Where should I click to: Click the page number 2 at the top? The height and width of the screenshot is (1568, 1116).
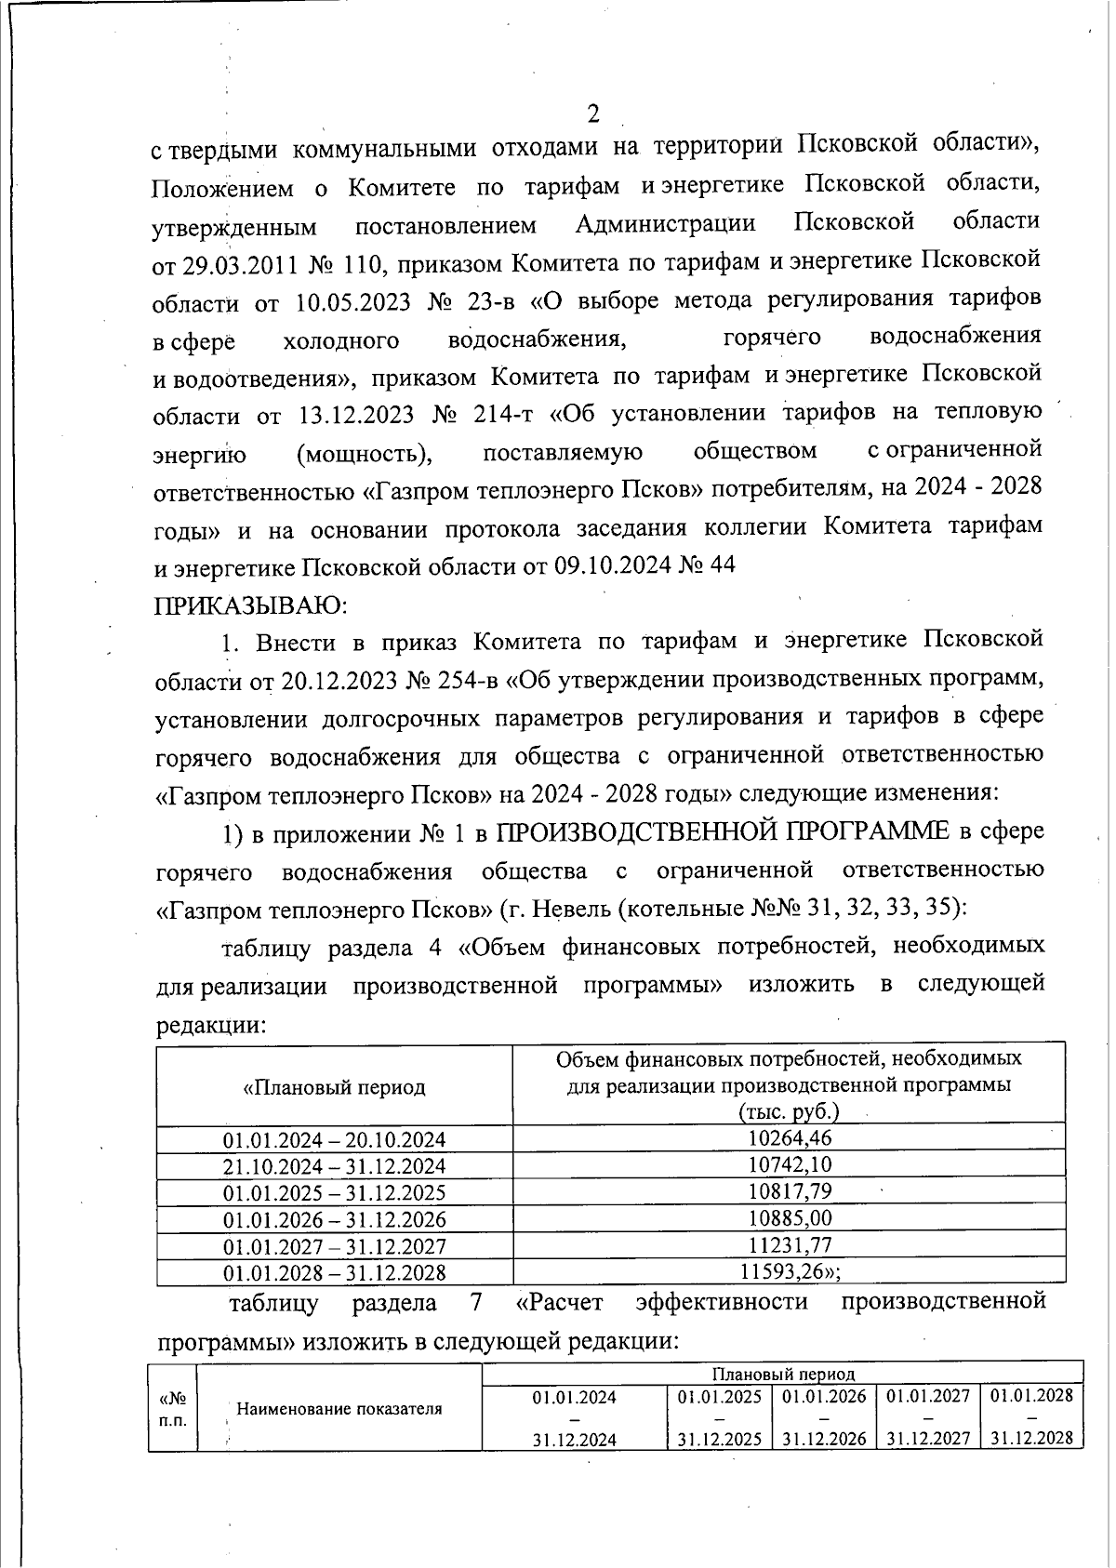click(593, 114)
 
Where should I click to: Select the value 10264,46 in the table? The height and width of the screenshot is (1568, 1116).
click(790, 1137)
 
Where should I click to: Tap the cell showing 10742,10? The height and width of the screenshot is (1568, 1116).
click(790, 1164)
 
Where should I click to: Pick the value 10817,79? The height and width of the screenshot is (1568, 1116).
click(790, 1191)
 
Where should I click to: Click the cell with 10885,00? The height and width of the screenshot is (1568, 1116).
click(790, 1218)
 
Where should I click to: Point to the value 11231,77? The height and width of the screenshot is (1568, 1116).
click(790, 1245)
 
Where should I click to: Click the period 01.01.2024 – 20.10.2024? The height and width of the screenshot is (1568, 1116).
click(334, 1139)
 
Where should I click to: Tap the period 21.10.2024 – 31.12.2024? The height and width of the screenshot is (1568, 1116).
click(334, 1166)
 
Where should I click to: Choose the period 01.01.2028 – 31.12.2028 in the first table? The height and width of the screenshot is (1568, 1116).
click(334, 1273)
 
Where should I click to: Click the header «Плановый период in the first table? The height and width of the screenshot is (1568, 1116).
click(334, 1086)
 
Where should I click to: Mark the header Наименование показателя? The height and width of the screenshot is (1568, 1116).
click(339, 1409)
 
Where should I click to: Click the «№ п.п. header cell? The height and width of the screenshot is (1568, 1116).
click(173, 1409)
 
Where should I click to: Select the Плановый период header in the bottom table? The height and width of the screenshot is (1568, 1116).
click(783, 1374)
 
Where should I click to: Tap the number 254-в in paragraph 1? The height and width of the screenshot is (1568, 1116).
click(466, 681)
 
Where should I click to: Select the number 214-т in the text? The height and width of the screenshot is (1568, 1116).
click(508, 414)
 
